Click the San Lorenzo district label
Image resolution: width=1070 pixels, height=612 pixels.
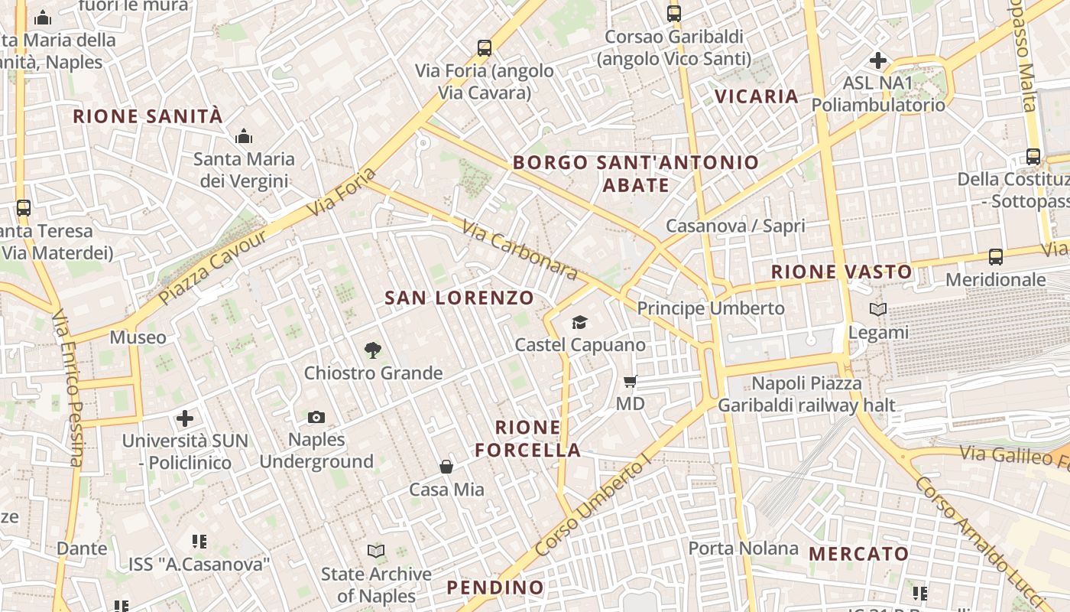[459, 298]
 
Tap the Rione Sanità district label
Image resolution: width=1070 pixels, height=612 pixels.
[148, 116]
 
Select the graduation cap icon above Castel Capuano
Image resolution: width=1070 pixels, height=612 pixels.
[580, 322]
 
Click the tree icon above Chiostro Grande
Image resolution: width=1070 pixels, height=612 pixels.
[373, 350]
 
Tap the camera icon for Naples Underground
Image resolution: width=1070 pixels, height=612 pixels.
[316, 417]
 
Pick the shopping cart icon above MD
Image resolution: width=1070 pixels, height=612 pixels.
[631, 381]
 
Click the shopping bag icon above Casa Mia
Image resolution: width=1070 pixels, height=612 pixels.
[446, 467]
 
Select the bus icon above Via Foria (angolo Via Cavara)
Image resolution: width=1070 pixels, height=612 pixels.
[484, 48]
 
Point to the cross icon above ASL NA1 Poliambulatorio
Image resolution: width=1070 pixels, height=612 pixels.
[878, 60]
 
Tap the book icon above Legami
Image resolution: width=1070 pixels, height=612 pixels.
[878, 310]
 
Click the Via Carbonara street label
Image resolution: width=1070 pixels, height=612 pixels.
[520, 249]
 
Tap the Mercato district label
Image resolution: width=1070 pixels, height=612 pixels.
[859, 554]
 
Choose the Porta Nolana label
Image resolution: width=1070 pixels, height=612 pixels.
[743, 549]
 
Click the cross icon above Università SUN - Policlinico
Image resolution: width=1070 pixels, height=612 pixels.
[184, 418]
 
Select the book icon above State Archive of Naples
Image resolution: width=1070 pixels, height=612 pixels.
[375, 551]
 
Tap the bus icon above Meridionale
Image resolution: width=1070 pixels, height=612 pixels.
[995, 257]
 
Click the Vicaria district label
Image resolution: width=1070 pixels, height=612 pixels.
[757, 96]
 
